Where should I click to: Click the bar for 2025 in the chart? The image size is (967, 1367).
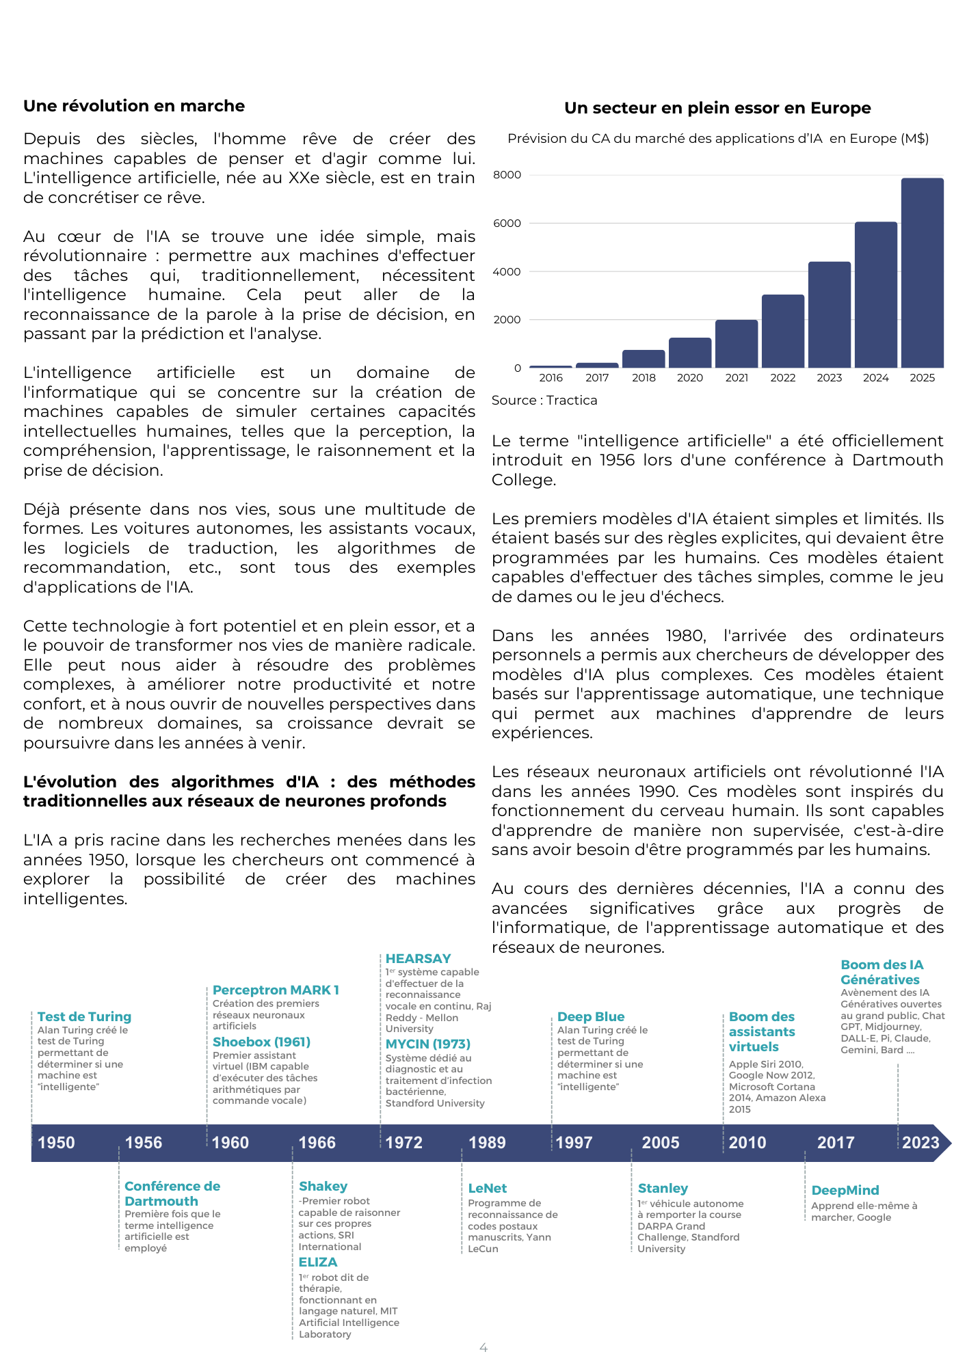[922, 273]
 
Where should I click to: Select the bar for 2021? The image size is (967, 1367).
[737, 344]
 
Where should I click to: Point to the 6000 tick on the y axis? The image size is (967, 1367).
[507, 224]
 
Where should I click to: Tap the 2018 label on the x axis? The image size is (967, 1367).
[644, 378]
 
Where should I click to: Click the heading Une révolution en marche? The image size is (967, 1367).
[134, 106]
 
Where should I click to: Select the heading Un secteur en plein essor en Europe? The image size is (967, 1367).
[717, 108]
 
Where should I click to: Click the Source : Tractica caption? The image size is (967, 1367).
[544, 401]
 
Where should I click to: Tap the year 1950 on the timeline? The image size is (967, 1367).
[56, 1143]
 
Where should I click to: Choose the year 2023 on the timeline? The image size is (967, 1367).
[920, 1143]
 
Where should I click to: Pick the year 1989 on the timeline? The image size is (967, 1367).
[487, 1143]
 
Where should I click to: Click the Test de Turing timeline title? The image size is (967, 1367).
[84, 1017]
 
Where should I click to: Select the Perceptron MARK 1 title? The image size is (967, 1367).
[276, 990]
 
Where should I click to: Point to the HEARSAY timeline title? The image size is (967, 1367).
[418, 959]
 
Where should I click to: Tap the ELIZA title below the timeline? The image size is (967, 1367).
[318, 1262]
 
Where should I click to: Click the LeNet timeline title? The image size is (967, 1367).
[487, 1189]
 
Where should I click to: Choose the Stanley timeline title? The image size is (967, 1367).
[663, 1189]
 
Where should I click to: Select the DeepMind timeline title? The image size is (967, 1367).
[845, 1191]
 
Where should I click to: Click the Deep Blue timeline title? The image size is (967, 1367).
[591, 1017]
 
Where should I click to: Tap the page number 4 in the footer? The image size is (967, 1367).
[483, 1348]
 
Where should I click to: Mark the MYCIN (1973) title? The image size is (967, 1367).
[428, 1044]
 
